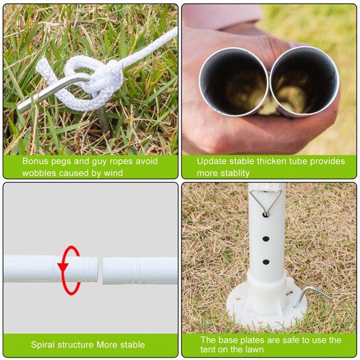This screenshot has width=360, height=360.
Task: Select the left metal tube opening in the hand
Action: tap(234, 81)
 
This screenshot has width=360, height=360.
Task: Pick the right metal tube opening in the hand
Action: tap(305, 81)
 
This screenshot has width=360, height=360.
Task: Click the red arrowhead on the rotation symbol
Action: tap(63, 268)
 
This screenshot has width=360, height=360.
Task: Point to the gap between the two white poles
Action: tap(100, 270)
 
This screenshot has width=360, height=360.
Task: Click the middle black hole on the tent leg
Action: tap(266, 239)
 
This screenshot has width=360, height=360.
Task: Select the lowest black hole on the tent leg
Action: tap(266, 262)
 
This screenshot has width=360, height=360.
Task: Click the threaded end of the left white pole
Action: tap(91, 269)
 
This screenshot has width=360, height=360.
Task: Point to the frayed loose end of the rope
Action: tap(43, 66)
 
